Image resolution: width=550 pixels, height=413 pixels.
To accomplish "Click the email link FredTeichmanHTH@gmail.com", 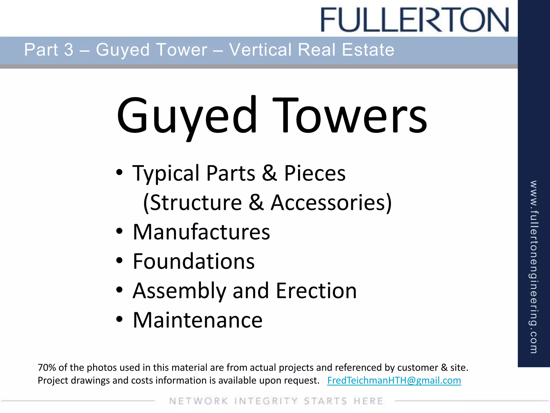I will (394, 380).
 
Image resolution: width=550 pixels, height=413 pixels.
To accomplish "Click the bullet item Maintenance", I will (198, 320).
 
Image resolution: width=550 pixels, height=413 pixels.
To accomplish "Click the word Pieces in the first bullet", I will (315, 173).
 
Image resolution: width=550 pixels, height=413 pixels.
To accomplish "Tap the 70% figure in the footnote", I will (46, 367).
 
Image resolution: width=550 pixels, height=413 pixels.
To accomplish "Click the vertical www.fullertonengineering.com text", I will (534, 267).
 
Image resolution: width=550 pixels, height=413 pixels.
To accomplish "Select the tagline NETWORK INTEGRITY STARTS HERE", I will (276, 401).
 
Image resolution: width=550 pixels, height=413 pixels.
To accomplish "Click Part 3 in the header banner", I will (49, 50).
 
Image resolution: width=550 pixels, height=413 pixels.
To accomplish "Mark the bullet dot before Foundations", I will (120, 260).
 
